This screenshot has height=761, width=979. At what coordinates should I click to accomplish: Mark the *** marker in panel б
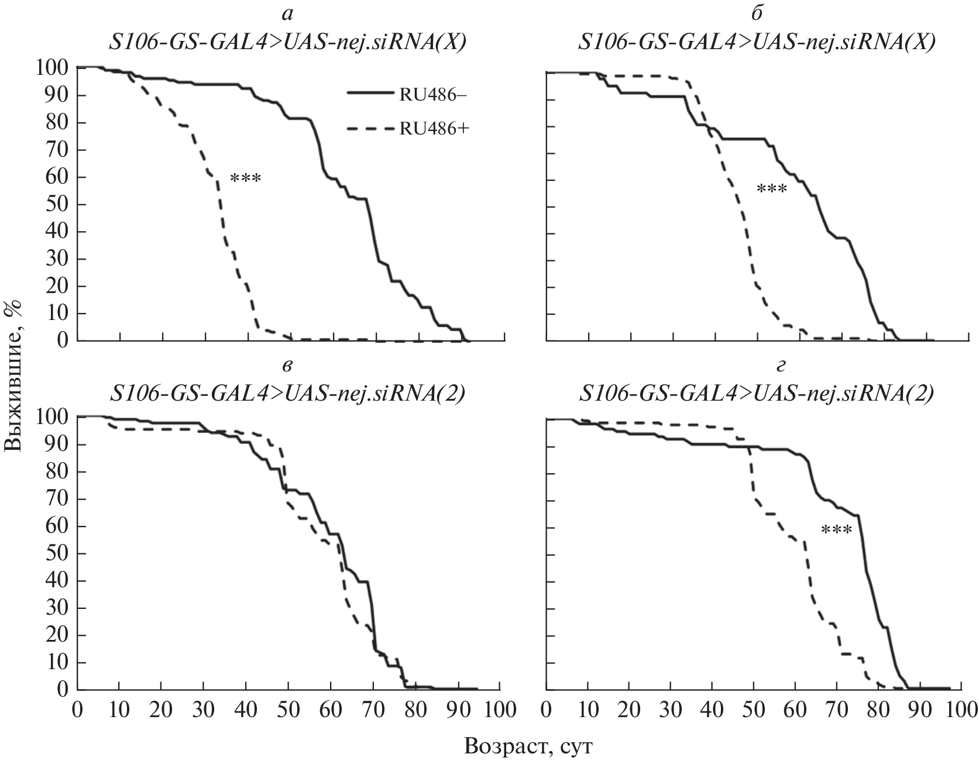click(x=772, y=190)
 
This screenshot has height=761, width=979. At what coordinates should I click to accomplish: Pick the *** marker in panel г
click(x=836, y=531)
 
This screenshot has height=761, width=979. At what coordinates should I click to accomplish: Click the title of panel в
click(x=287, y=393)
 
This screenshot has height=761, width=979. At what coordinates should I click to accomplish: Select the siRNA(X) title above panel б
click(x=756, y=42)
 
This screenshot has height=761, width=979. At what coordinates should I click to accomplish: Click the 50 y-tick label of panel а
click(x=56, y=205)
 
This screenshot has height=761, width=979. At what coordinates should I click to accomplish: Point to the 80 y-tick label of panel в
click(x=56, y=472)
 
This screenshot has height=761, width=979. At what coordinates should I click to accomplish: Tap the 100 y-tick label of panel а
click(x=51, y=68)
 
